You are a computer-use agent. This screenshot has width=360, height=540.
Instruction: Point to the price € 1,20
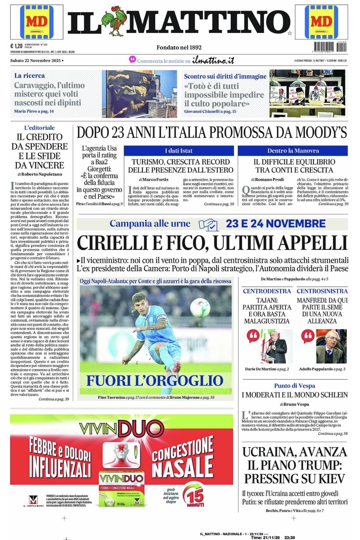[16, 46]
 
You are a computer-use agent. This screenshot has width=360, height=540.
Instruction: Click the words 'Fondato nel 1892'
[179, 47]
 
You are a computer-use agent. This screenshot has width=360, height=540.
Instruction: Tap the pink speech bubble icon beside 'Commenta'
[132, 60]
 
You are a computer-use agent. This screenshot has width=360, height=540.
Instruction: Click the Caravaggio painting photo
[140, 94]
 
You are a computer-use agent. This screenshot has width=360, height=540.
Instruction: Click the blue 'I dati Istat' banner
[179, 151]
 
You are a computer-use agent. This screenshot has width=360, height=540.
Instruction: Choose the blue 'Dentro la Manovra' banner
[293, 151]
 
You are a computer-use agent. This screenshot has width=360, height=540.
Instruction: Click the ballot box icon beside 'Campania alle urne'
[208, 224]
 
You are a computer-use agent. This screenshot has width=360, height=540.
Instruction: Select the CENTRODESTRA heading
[267, 291]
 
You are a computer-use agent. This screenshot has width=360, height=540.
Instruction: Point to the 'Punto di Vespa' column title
[294, 386]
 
